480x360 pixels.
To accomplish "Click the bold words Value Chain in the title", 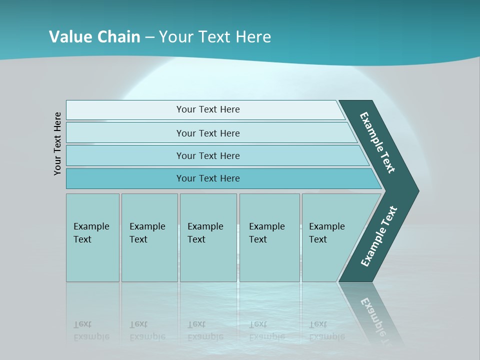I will click(94, 36).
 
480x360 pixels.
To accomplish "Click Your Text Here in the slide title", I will click(215, 37).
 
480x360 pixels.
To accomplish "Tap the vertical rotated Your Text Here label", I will click(57, 143).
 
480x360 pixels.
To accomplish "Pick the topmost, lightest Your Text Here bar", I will click(207, 109).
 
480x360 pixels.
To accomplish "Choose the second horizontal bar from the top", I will click(207, 133).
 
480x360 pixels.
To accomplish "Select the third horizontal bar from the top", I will click(207, 155).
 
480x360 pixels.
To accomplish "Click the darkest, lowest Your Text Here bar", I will click(207, 178).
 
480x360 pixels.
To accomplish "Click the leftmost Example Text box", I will click(92, 237).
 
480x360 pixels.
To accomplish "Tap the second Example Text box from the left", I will click(149, 237).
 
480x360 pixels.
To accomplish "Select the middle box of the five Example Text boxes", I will click(208, 237).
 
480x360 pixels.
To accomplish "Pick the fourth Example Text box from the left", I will click(269, 237).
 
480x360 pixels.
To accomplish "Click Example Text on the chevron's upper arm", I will click(378, 142).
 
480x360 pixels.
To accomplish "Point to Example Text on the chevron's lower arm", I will click(379, 236).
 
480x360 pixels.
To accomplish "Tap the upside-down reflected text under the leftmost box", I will click(91, 330).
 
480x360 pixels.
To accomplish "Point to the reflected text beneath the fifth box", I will click(326, 330).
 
